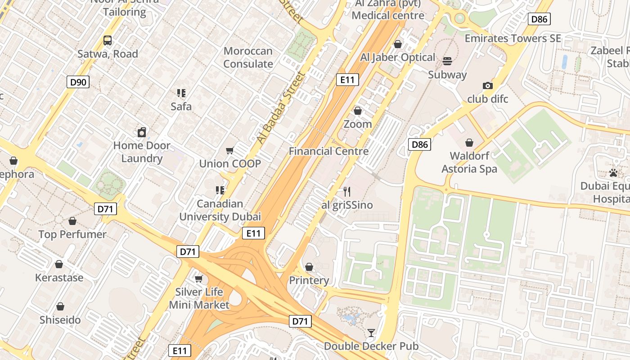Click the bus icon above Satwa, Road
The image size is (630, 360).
click(108, 40)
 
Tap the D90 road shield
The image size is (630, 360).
click(78, 82)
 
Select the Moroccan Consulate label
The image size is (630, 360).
click(248, 58)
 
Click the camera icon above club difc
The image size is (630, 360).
click(487, 85)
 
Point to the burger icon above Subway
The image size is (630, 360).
click(447, 61)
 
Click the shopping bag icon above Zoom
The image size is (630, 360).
click(358, 110)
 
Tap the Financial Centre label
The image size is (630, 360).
click(328, 151)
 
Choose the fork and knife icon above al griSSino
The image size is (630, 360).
click(347, 192)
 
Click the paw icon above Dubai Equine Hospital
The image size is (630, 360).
click(613, 173)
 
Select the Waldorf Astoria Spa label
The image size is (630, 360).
click(469, 163)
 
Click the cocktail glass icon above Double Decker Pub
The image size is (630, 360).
click(371, 333)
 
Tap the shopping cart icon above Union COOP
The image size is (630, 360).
click(230, 150)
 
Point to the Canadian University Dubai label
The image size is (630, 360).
click(220, 210)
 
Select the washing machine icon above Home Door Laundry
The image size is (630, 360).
click(142, 132)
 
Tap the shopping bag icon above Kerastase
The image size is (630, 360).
click(59, 264)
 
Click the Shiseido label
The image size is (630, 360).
click(60, 320)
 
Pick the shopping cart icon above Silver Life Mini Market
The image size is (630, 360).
click(199, 279)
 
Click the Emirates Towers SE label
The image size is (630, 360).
click(513, 39)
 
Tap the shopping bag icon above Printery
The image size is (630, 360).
click(309, 267)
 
